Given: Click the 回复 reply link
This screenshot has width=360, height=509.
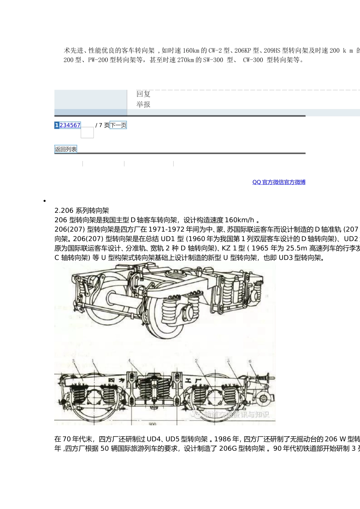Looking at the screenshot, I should click(x=143, y=94).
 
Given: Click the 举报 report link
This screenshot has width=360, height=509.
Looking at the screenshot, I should click(x=143, y=105).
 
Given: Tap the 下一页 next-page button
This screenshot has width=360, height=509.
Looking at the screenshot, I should click(x=118, y=125).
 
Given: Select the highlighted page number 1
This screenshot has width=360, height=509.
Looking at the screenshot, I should click(x=57, y=125).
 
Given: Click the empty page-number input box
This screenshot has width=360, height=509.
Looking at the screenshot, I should click(x=87, y=133).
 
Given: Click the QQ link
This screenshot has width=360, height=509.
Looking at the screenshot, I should click(x=257, y=182).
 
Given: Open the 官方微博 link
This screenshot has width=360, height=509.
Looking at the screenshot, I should click(x=295, y=182).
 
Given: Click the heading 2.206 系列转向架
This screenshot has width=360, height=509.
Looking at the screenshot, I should click(x=82, y=211).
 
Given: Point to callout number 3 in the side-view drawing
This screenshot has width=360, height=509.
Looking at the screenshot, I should click(x=73, y=361).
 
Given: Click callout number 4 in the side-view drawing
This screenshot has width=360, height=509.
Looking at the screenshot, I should click(x=129, y=361).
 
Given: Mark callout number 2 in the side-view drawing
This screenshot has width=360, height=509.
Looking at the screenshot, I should click(x=196, y=361).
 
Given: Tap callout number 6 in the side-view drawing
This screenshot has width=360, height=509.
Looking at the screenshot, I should click(x=250, y=361).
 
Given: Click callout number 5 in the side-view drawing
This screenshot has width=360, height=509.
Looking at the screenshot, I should click(x=228, y=361).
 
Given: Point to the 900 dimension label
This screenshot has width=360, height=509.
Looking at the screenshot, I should click(x=152, y=424).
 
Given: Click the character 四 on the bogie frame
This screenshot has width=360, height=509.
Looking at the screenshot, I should click(x=111, y=379).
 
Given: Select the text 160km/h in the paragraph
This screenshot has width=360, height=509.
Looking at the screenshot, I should click(x=239, y=220).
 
